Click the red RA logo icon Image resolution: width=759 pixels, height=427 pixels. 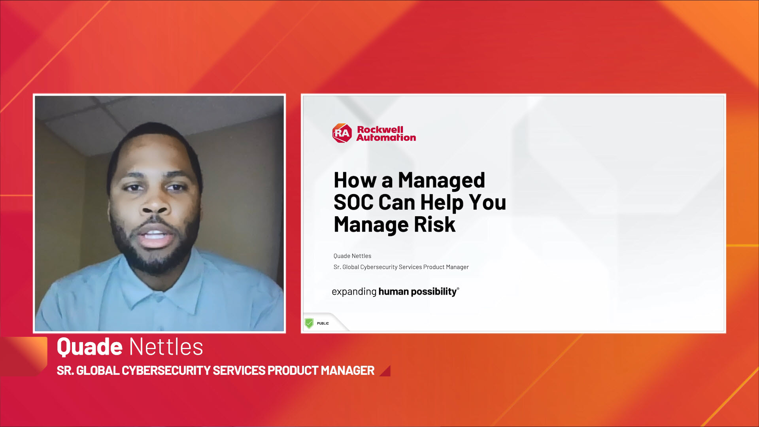tap(342, 133)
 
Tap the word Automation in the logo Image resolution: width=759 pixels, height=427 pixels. tap(386, 138)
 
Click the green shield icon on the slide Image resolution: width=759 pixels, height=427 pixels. tap(309, 323)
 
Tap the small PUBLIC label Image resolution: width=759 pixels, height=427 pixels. tap(323, 323)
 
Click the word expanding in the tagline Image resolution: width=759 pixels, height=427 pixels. tap(354, 292)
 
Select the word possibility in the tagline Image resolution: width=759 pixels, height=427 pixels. tap(434, 292)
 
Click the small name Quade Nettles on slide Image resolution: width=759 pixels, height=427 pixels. tap(352, 256)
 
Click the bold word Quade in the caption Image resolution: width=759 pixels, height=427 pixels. tap(90, 347)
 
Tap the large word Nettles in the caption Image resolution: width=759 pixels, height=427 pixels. tap(166, 347)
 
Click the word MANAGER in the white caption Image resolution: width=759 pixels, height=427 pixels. tap(347, 370)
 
